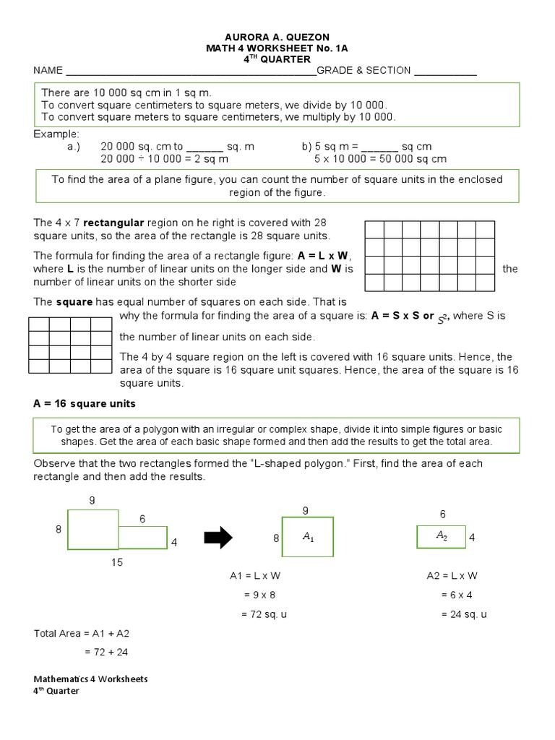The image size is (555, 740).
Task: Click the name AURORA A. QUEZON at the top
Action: (277, 35)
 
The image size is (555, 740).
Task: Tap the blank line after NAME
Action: (191, 71)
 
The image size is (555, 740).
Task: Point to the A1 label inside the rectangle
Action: (308, 537)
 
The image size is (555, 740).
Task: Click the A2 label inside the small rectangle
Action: (442, 535)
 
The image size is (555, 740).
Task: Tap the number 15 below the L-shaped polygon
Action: (117, 563)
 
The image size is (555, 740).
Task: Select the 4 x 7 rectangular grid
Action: (429, 256)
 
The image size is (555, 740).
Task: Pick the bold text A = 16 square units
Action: (85, 403)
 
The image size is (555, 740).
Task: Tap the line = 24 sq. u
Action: (464, 614)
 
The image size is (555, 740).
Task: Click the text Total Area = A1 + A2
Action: (82, 634)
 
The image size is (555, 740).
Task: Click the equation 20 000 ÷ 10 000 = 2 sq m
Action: (164, 158)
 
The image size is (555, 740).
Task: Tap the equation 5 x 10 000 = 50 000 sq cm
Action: (380, 158)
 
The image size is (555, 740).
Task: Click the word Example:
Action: (56, 134)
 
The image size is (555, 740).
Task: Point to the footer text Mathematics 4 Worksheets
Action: (91, 679)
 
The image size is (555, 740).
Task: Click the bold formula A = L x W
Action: (324, 255)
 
